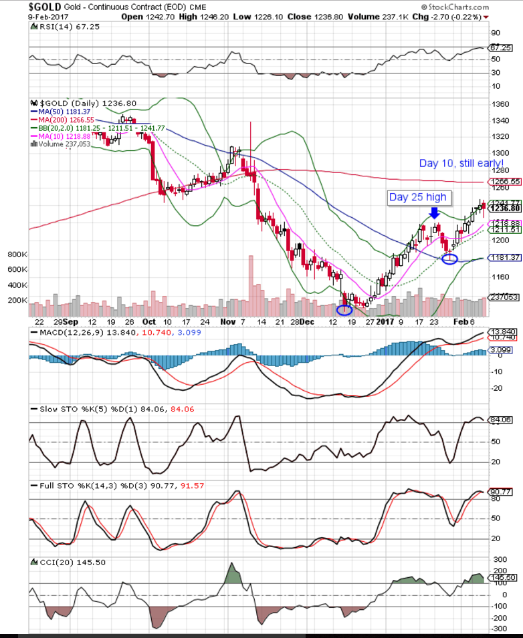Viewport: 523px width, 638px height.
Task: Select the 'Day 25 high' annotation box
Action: pyautogui.click(x=418, y=197)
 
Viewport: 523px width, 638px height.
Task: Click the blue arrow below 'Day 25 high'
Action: pyautogui.click(x=434, y=213)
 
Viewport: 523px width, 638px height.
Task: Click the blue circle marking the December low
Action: pyautogui.click(x=344, y=309)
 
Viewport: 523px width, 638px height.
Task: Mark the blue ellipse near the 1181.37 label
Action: pyautogui.click(x=450, y=258)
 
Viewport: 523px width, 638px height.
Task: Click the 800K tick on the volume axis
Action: pyautogui.click(x=16, y=255)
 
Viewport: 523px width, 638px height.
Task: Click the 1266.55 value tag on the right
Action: pyautogui.click(x=506, y=182)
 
